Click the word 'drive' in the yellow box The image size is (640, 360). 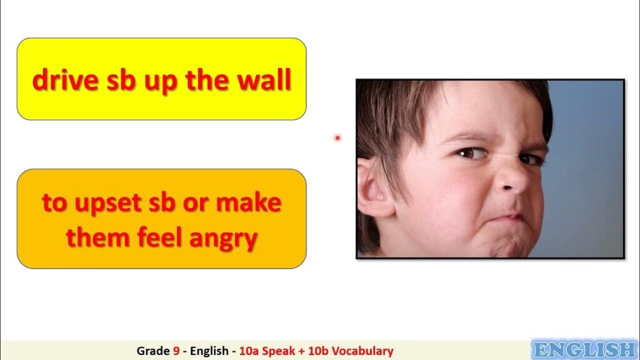[x=65, y=79]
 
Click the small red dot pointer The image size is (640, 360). [x=337, y=138]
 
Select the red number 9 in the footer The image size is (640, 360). [x=176, y=351]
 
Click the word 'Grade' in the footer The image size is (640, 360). [x=153, y=351]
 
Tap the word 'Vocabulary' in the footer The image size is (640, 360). [x=362, y=351]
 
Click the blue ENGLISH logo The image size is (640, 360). [x=585, y=350]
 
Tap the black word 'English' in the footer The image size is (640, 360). [x=209, y=351]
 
